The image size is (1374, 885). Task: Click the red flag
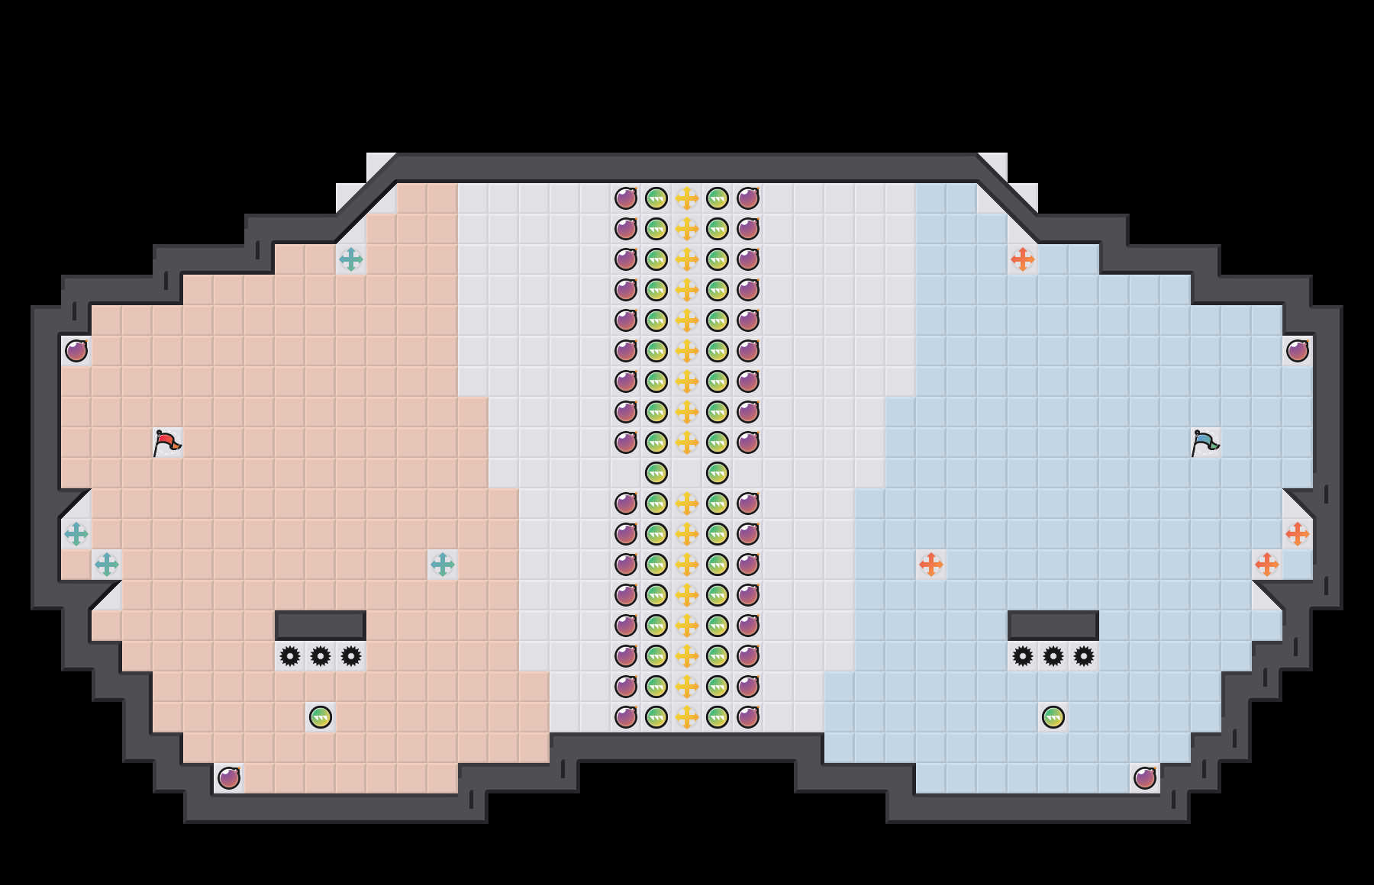[166, 443]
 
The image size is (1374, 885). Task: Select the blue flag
[1205, 443]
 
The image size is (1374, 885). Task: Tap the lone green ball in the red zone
[321, 717]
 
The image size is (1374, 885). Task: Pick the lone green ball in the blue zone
[1053, 717]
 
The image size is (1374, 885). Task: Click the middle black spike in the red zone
[321, 656]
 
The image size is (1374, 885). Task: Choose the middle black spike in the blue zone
[1053, 656]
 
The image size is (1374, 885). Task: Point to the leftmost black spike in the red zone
[290, 656]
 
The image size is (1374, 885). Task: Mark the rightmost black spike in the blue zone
[1084, 656]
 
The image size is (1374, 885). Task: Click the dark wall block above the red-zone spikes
[321, 625]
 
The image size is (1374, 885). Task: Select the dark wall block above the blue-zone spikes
[1053, 625]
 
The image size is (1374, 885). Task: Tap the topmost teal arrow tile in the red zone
[351, 259]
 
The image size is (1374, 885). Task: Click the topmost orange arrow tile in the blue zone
[1023, 259]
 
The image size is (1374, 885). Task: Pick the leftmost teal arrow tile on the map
[76, 534]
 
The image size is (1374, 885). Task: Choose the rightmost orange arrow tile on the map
[1298, 534]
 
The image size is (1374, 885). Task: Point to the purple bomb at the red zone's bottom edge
[229, 778]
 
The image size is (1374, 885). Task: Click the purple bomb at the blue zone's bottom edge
[1145, 778]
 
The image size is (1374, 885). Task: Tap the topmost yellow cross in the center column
[687, 198]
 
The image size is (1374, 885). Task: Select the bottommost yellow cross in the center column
[687, 717]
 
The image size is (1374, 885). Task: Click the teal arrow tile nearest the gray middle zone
[443, 565]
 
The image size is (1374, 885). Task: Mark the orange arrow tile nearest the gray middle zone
[931, 565]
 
